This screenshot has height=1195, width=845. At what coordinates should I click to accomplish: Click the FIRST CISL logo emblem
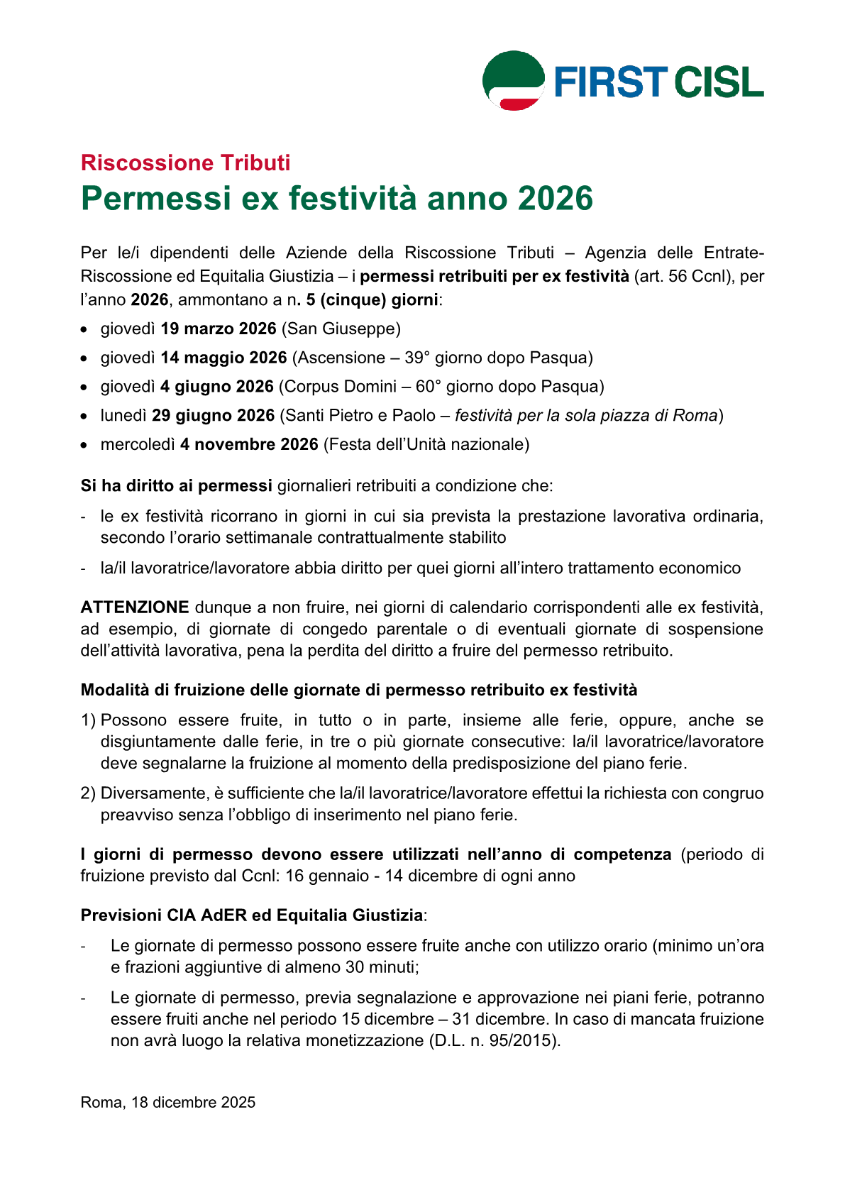(514, 80)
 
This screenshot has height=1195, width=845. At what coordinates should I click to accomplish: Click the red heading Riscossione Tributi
(185, 163)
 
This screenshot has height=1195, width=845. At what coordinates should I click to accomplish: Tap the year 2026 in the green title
(555, 198)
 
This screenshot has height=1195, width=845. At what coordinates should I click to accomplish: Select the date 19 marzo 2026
(218, 329)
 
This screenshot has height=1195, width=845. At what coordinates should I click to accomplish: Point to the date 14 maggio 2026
(223, 358)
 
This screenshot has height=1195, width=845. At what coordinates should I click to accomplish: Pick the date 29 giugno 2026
(213, 416)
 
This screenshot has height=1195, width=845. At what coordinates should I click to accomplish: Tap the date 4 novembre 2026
(248, 445)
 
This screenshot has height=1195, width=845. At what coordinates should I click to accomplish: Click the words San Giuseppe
(341, 329)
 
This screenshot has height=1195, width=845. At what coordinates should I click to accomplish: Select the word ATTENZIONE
(135, 607)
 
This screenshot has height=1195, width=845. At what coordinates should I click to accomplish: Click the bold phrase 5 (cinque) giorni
(372, 299)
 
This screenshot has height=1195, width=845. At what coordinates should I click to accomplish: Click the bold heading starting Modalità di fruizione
(359, 690)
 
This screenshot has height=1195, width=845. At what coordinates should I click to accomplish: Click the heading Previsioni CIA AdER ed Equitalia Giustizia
(252, 915)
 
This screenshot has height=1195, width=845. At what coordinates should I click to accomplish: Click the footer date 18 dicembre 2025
(193, 1103)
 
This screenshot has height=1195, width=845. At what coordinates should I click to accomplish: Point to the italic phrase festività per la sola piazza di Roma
(586, 416)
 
